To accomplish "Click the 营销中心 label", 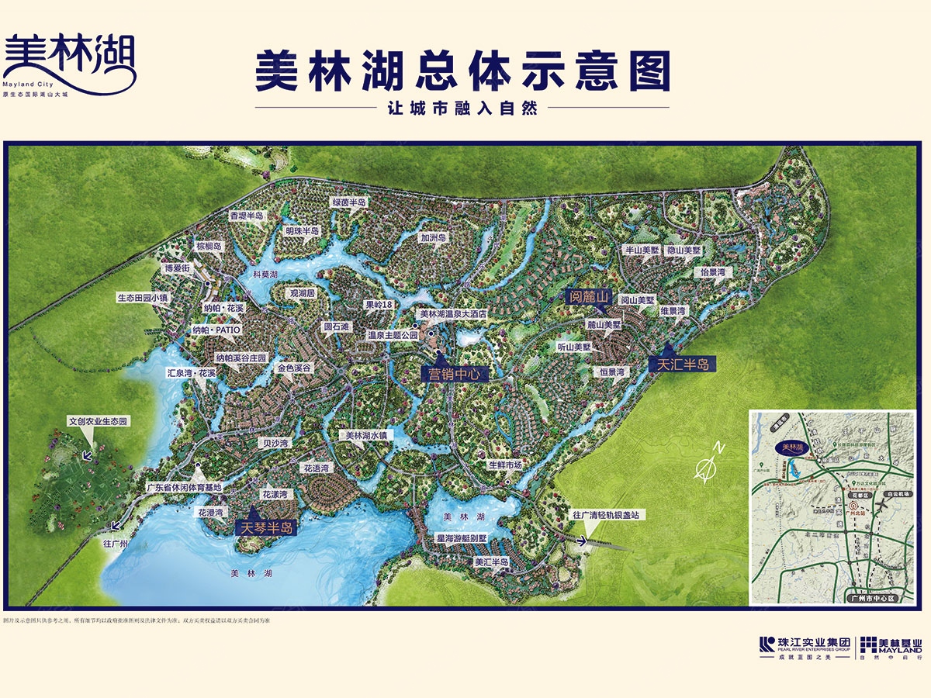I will (455, 373).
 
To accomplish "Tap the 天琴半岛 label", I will (266, 527).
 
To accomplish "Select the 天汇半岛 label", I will (683, 363).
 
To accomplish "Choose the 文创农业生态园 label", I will (98, 421).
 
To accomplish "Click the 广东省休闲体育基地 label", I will (185, 488).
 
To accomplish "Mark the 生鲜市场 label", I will (505, 465).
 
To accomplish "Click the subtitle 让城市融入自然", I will (462, 109).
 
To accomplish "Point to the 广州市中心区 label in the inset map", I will (872, 598).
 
